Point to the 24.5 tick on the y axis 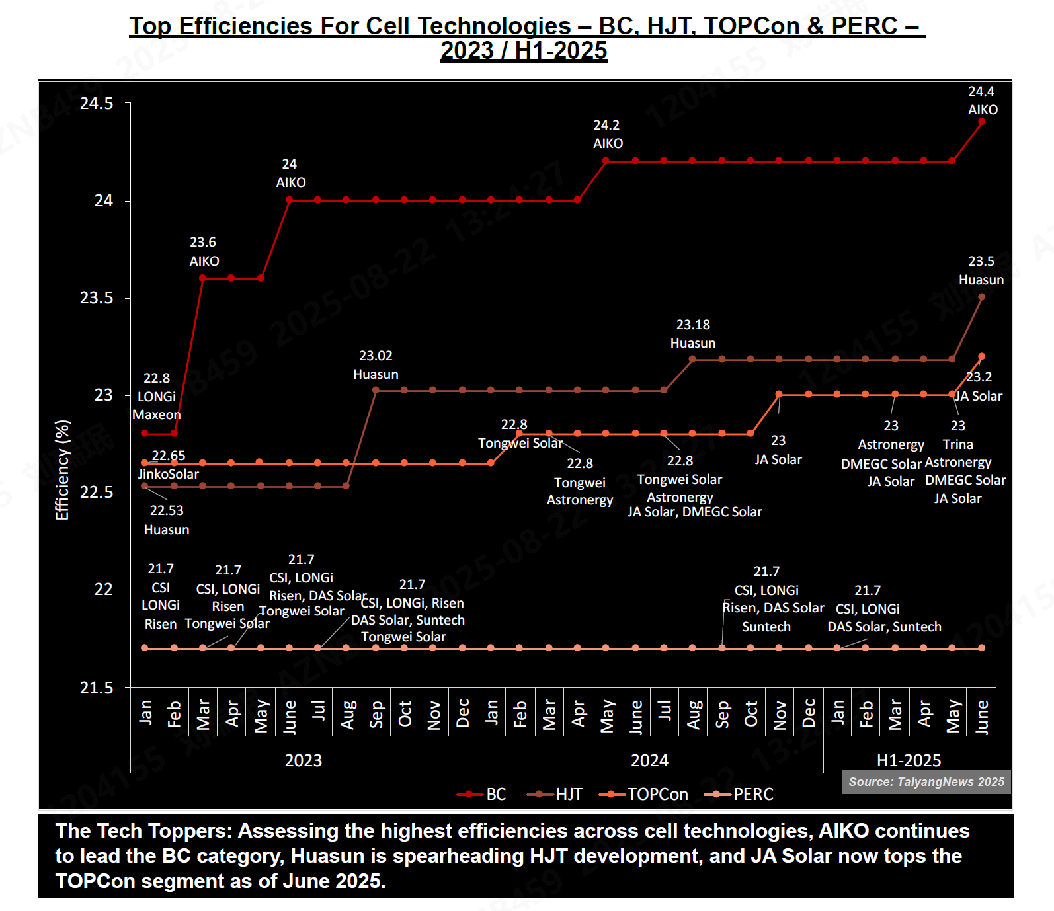(97, 104)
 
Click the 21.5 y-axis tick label (97, 688)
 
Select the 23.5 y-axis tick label (97, 298)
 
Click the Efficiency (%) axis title (62, 470)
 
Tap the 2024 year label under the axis (649, 760)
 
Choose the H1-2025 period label (909, 760)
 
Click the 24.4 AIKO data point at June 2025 (982, 122)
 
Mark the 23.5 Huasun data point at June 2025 (982, 297)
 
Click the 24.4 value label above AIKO (981, 91)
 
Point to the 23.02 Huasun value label (376, 356)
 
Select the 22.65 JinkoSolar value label (169, 455)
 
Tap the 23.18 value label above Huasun (693, 325)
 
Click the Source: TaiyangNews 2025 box (926, 782)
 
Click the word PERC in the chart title (864, 26)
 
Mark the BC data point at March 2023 (203, 278)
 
